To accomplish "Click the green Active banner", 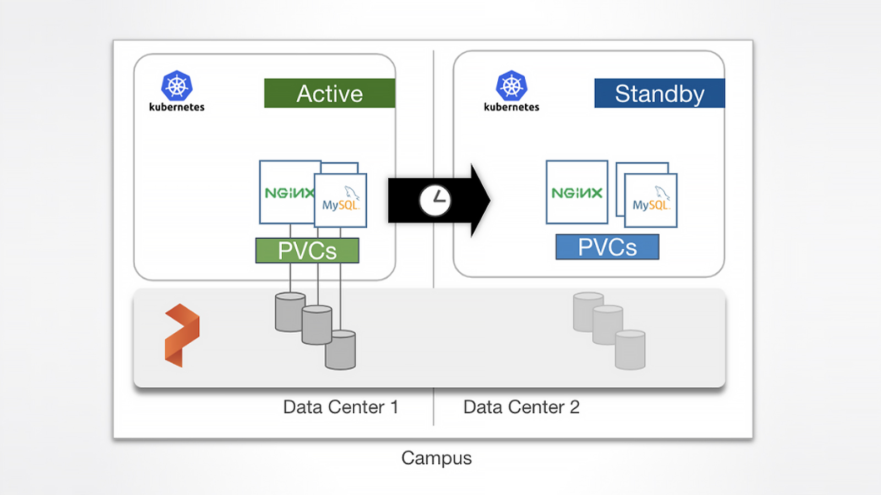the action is click(330, 93).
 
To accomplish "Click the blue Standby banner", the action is click(660, 93).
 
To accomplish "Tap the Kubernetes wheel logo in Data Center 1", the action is click(177, 86).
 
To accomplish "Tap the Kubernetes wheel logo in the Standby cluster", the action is click(512, 86).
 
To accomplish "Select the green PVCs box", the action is click(307, 250).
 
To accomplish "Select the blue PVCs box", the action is click(607, 247).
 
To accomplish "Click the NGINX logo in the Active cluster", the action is click(290, 193).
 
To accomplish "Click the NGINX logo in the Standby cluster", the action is click(577, 193).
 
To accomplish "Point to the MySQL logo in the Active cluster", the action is click(341, 199).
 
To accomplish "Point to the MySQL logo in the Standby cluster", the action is click(651, 199).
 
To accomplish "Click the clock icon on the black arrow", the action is click(434, 200).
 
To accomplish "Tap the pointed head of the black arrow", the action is click(490, 200).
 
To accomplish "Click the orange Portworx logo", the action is click(182, 335).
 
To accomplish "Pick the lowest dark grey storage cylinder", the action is click(341, 350).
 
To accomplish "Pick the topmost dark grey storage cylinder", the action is click(290, 312).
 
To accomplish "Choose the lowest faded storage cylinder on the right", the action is click(630, 350).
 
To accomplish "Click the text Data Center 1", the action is click(341, 407).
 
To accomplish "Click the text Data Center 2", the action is click(521, 407).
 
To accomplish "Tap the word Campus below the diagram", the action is click(437, 459).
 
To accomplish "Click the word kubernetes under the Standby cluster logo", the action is click(512, 107).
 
